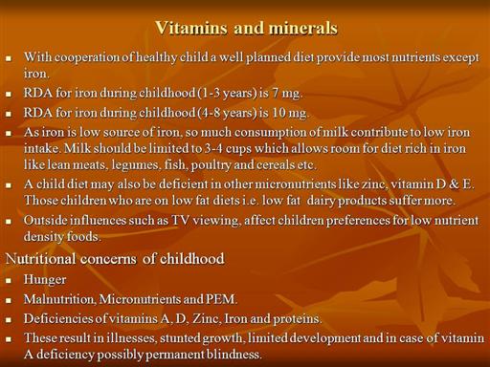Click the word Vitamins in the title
point(191,28)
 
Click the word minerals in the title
point(302,28)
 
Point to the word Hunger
point(45,280)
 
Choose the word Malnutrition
point(59,299)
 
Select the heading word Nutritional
point(41,259)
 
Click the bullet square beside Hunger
point(9,280)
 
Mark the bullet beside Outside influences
point(9,221)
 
